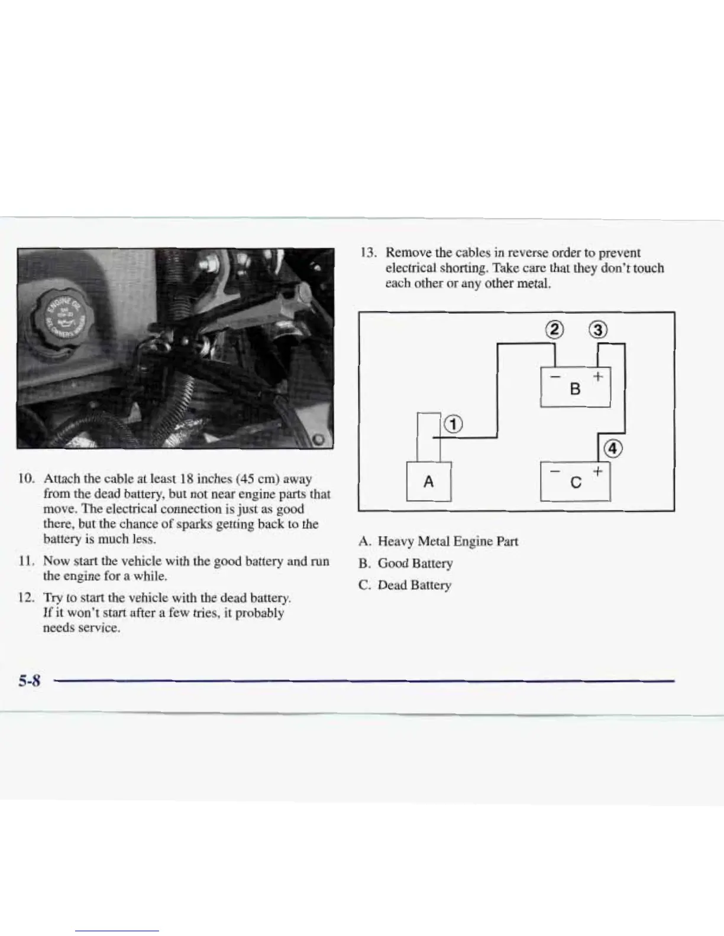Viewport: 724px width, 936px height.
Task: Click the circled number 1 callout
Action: [x=452, y=424]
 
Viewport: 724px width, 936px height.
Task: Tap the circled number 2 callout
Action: [x=554, y=330]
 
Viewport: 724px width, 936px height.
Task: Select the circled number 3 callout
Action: [x=599, y=330]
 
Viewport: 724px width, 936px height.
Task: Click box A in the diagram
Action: [x=429, y=482]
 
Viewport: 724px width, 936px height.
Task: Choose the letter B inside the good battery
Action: [x=575, y=389]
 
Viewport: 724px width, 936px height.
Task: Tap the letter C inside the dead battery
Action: [x=575, y=483]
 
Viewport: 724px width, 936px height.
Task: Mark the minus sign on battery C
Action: [x=554, y=471]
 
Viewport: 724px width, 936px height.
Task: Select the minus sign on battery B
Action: [x=554, y=376]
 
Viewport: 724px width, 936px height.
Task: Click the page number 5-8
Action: [x=28, y=681]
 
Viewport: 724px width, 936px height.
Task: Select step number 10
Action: [x=27, y=479]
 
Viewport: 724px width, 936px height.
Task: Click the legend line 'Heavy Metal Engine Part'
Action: [x=438, y=541]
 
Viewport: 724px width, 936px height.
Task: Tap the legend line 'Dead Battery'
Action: [x=405, y=585]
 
